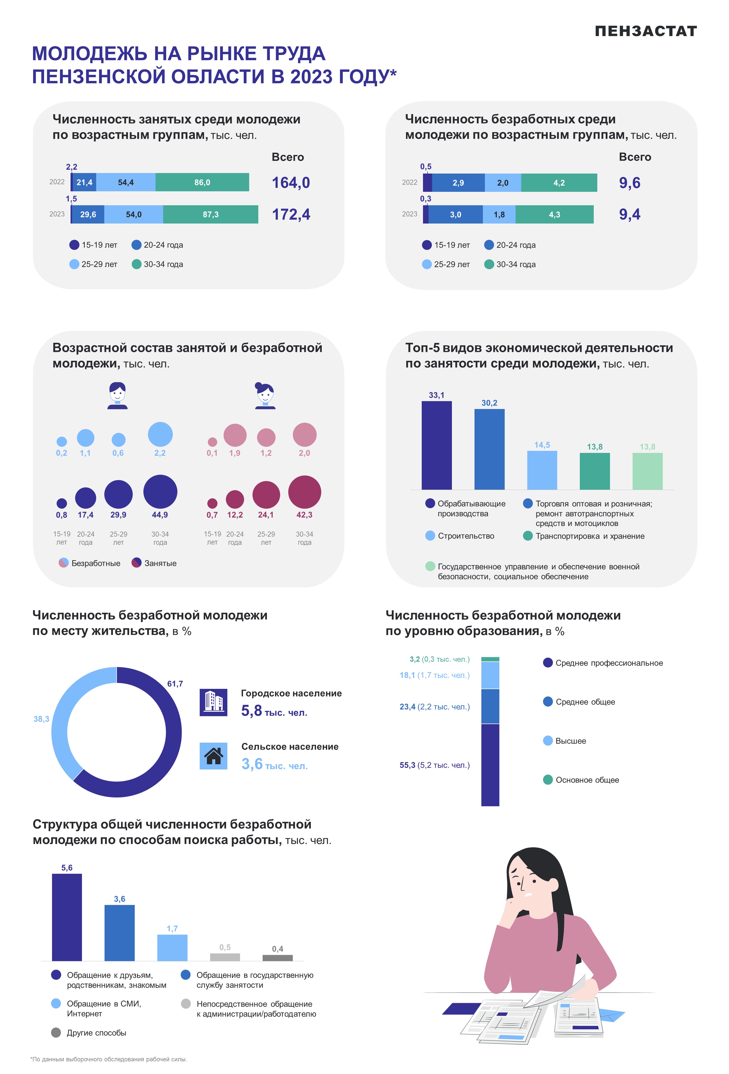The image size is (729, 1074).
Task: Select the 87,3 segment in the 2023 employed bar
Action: click(210, 214)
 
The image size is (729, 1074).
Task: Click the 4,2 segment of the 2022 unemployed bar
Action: click(559, 182)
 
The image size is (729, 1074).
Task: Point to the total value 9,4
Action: click(630, 214)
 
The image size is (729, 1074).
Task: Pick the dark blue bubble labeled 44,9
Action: click(160, 492)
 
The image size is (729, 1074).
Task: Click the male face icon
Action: click(117, 396)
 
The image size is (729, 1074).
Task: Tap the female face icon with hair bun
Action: click(265, 396)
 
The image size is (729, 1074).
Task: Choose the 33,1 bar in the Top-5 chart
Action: click(436, 445)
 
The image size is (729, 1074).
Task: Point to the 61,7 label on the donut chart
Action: click(175, 684)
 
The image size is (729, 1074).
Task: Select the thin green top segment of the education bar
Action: click(490, 659)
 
